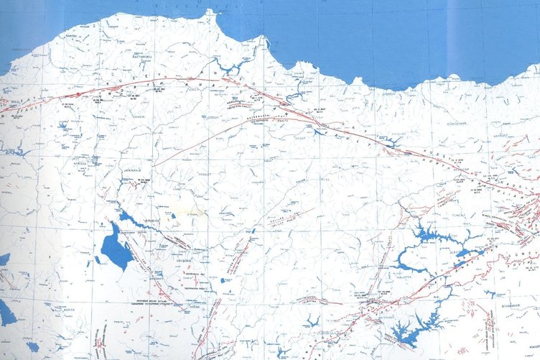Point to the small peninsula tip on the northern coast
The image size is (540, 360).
point(210,12)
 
